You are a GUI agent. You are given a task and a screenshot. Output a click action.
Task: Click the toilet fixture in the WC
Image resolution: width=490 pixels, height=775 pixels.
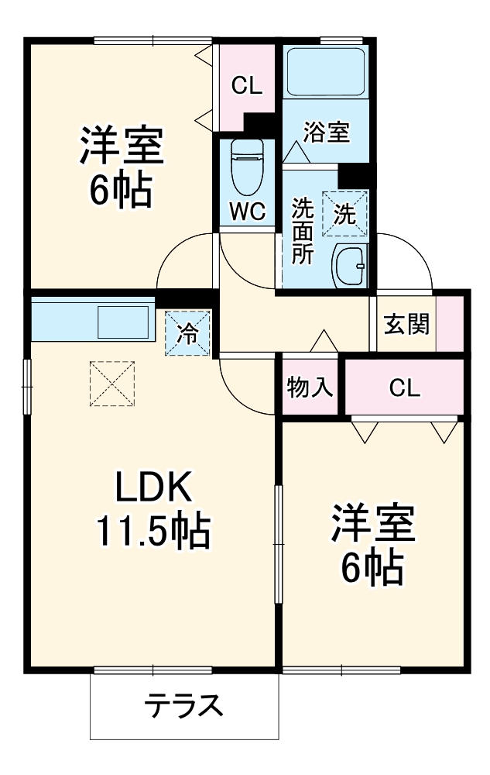[247, 167]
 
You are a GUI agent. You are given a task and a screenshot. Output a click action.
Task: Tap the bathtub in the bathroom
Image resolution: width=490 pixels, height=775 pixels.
[325, 73]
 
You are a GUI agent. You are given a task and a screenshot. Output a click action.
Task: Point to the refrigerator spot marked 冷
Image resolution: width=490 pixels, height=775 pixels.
[187, 333]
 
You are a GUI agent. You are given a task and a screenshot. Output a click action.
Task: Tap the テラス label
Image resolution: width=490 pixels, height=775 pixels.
[184, 706]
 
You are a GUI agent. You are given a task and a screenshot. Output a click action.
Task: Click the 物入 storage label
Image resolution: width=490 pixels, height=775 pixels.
[310, 387]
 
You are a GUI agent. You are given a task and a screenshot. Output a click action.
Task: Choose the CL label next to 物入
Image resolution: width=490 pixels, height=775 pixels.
[404, 387]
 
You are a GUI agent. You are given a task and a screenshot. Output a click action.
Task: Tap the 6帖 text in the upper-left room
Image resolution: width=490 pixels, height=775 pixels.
[121, 190]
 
